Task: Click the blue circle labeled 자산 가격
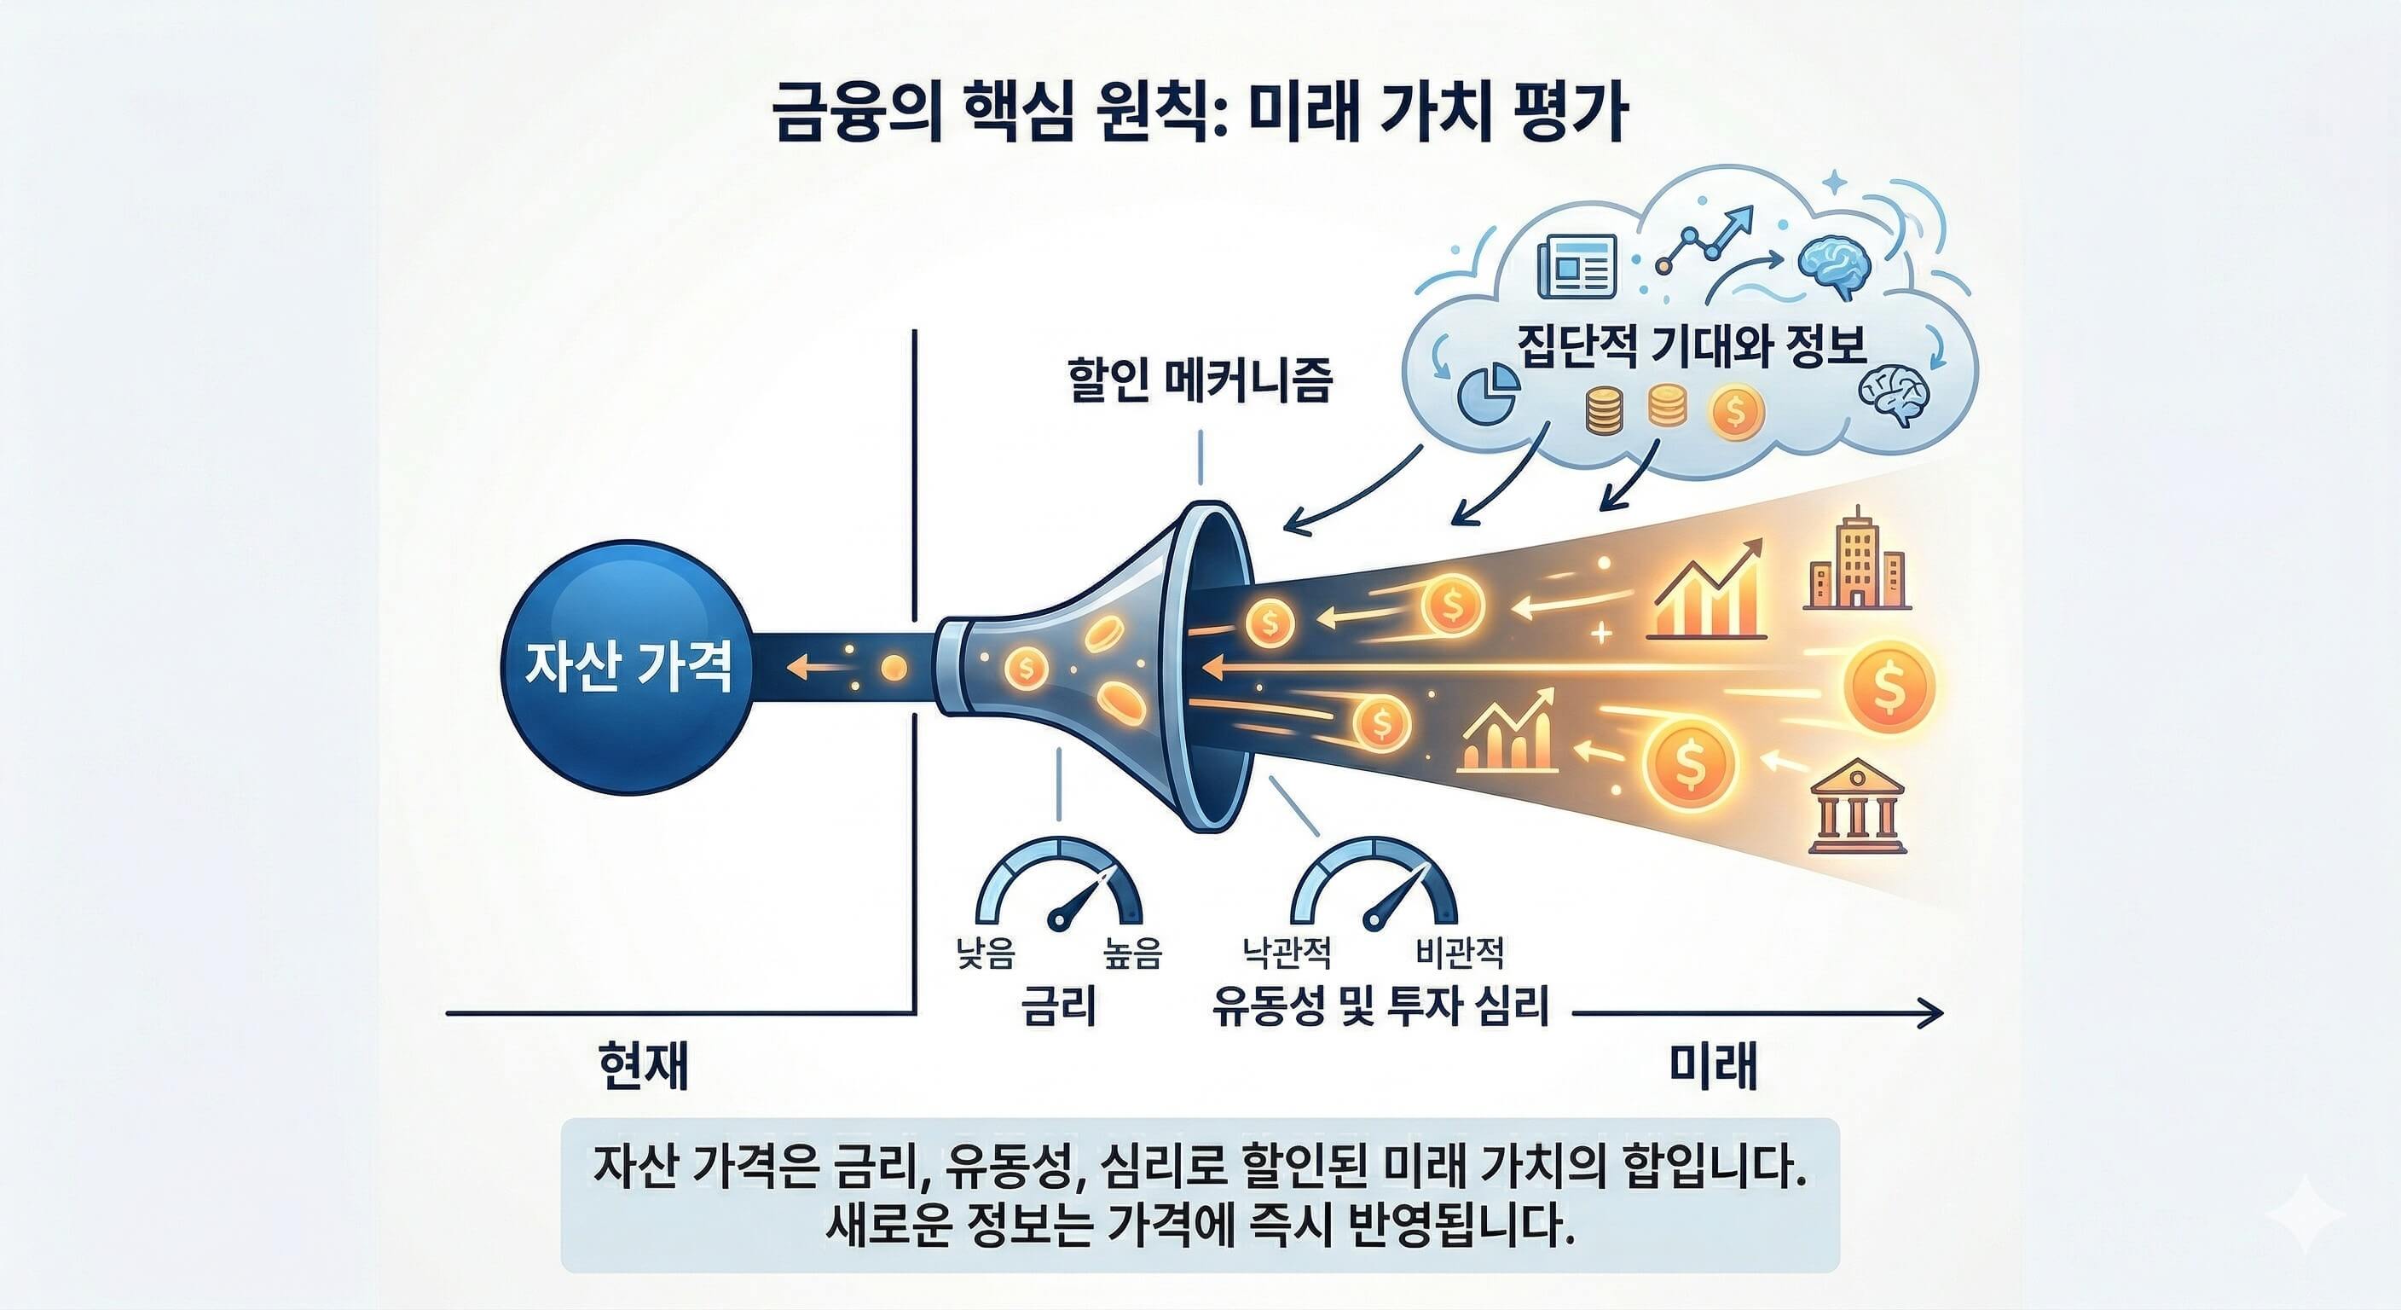[x=628, y=668]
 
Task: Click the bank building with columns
[x=1855, y=808]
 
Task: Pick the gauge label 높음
[x=1132, y=954]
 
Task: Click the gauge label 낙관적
[x=1287, y=953]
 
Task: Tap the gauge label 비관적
[x=1459, y=953]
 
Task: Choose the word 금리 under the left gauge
[x=1059, y=1007]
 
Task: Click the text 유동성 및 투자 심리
[x=1380, y=1007]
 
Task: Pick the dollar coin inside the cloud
[x=1734, y=411]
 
